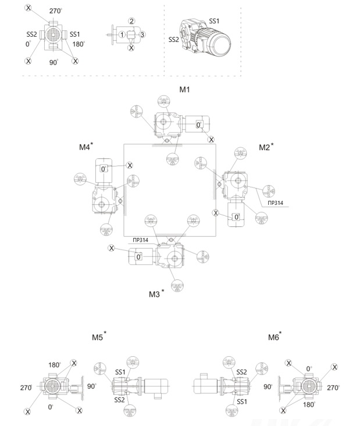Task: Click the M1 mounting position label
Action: (x=184, y=90)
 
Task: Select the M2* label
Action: (x=266, y=147)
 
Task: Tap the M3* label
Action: (x=155, y=294)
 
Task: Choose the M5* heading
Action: (x=98, y=336)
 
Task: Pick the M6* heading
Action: (x=274, y=336)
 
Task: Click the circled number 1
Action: (x=122, y=35)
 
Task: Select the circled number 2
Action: (x=132, y=21)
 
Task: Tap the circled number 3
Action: (x=143, y=35)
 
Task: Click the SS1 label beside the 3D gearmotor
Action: (x=214, y=21)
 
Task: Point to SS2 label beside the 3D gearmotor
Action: (x=173, y=40)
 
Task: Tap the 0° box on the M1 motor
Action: (x=198, y=125)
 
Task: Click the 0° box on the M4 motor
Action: (x=104, y=169)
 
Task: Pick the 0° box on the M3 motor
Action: (x=139, y=257)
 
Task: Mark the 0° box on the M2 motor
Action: (x=236, y=216)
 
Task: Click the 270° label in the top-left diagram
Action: (x=55, y=11)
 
